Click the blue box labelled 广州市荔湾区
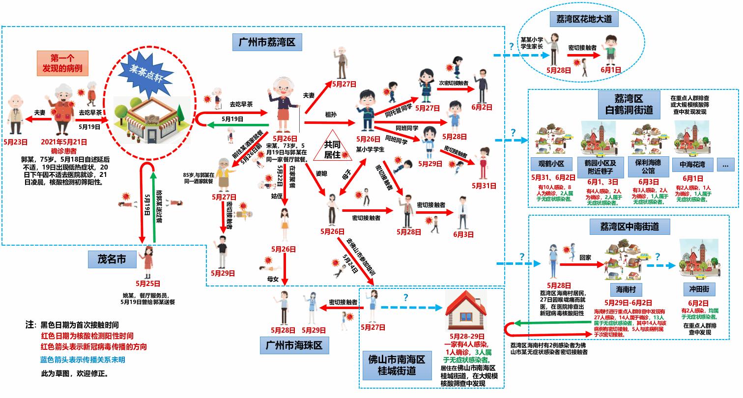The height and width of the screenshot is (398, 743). coord(267,43)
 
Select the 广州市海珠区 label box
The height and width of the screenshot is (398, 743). coord(294,346)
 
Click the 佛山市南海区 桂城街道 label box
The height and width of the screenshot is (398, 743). coord(397,365)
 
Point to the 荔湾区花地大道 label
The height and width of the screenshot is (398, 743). coord(583,20)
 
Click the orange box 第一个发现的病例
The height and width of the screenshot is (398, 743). coord(62,63)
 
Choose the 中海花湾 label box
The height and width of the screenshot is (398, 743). coord(692,164)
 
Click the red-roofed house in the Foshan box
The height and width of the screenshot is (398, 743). coord(465,306)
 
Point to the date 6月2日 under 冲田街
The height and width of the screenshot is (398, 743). coord(698,303)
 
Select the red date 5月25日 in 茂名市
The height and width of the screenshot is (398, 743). coord(148,284)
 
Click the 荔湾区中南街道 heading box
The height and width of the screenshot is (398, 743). coord(629,227)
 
